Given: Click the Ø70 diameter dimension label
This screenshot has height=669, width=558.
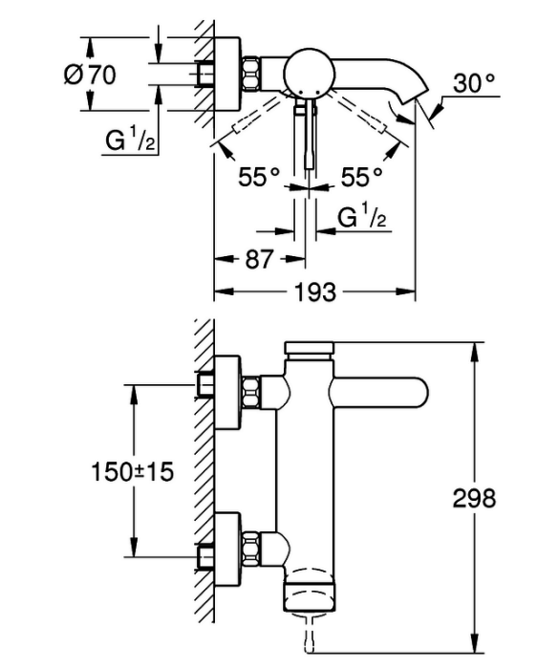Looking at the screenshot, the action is [90, 76].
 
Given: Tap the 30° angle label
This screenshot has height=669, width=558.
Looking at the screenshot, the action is [474, 83].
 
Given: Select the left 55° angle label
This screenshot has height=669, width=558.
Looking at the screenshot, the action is [259, 177].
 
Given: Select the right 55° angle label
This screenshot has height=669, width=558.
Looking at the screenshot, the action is [361, 177].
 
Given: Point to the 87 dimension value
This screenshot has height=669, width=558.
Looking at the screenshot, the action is [259, 259].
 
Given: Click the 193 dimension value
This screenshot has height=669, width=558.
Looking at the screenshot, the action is [315, 292].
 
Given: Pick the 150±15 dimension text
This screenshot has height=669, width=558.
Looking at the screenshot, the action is [133, 472].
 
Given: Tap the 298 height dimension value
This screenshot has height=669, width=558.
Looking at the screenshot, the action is [474, 498].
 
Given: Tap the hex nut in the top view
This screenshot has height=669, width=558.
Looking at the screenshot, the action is [251, 73].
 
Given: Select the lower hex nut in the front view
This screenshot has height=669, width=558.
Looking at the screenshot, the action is [251, 549].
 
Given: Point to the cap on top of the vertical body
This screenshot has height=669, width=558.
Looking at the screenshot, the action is [309, 347].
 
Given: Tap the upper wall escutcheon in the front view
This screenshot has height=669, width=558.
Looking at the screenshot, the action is [228, 393].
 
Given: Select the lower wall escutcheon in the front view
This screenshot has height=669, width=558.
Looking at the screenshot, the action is [228, 549].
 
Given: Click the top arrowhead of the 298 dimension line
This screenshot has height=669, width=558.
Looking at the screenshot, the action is [473, 352].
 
